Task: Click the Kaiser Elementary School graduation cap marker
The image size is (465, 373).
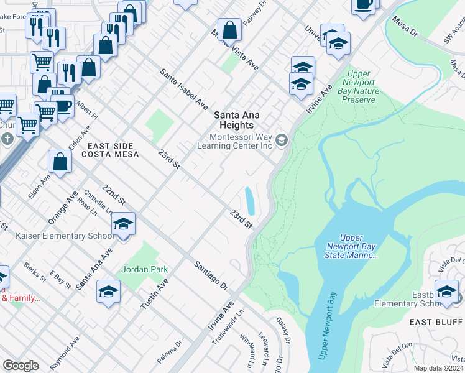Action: [x=124, y=225]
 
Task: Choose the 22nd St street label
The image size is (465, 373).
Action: [x=114, y=195]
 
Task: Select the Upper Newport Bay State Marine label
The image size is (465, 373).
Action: [x=351, y=246]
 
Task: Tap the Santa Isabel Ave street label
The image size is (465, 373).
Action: [x=183, y=90]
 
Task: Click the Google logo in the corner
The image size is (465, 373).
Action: [x=21, y=365]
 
